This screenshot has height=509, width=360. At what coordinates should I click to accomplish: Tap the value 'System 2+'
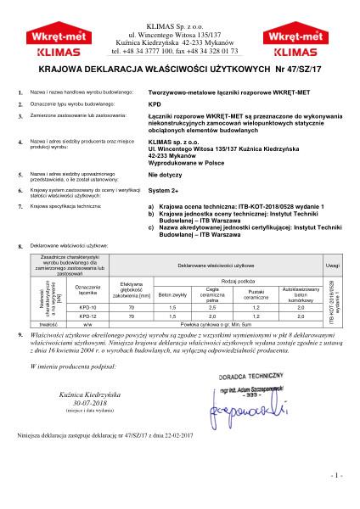tap(163, 191)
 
